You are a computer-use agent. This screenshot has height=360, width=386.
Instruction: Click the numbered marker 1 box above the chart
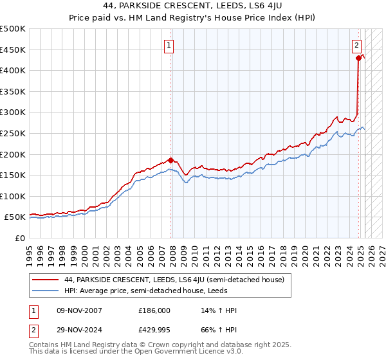(x=169, y=45)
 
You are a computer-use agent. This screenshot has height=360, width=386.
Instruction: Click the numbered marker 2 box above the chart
(x=356, y=45)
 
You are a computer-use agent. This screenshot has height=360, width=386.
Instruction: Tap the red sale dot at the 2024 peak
(x=358, y=58)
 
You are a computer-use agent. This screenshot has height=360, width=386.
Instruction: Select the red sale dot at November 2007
(x=171, y=160)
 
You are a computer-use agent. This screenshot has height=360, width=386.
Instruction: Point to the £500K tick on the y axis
(x=14, y=29)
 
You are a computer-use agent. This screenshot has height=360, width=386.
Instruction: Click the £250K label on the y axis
(x=14, y=133)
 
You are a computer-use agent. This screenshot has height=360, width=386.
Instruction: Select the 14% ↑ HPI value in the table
(x=219, y=310)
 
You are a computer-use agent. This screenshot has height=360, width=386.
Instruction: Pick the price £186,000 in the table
(x=155, y=310)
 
